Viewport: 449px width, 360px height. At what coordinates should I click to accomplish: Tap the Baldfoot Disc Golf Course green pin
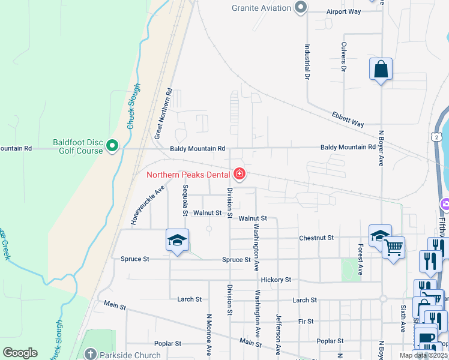tap(112, 145)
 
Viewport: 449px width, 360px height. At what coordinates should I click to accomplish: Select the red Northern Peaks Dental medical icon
tap(240, 175)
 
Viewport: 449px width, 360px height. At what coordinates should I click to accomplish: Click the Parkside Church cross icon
tap(90, 355)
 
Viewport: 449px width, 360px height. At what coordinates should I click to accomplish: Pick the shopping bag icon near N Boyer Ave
tap(381, 69)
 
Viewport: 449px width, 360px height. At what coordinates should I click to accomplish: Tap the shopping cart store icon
tap(394, 247)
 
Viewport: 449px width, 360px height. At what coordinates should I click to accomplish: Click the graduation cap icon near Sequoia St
tap(177, 240)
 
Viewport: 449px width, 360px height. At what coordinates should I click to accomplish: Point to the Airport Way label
tap(343, 11)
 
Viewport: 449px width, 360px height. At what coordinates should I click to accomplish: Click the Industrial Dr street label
tap(307, 62)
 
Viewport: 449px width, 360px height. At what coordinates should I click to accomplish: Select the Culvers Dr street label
tap(344, 57)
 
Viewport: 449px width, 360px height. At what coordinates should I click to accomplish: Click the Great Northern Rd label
tap(163, 114)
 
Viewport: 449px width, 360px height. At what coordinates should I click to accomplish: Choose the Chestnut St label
tap(316, 238)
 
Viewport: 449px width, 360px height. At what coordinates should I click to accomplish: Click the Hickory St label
tap(276, 280)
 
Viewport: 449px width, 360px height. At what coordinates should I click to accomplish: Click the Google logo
tap(20, 353)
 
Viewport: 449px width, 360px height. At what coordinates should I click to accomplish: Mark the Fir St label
tap(306, 322)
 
